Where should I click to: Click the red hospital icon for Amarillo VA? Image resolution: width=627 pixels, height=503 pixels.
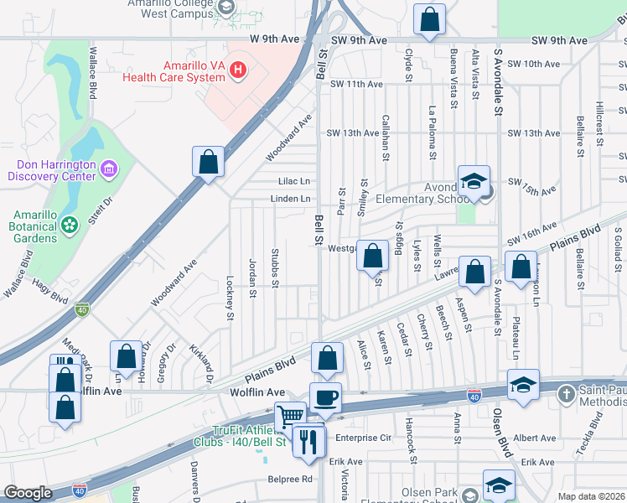pyautogui.click(x=239, y=69)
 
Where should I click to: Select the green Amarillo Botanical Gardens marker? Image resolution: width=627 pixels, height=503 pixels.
pyautogui.click(x=69, y=225)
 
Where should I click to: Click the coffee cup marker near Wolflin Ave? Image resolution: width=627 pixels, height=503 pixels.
pyautogui.click(x=325, y=397)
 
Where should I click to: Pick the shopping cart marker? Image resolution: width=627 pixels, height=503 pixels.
pyautogui.click(x=290, y=416)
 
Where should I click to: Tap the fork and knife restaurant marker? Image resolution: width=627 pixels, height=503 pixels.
pyautogui.click(x=308, y=440)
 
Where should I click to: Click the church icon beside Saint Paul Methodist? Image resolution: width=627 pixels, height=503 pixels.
pyautogui.click(x=567, y=393)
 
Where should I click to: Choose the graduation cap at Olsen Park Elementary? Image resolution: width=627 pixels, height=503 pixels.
pyautogui.click(x=499, y=486)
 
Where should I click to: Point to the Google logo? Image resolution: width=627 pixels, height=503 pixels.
pyautogui.click(x=27, y=493)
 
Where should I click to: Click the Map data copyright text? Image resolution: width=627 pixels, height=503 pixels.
pyautogui.click(x=592, y=496)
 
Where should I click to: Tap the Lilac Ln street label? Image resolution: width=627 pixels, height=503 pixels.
pyautogui.click(x=294, y=181)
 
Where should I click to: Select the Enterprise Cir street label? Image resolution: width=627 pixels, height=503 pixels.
pyautogui.click(x=363, y=438)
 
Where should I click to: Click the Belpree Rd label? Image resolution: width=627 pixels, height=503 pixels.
pyautogui.click(x=290, y=480)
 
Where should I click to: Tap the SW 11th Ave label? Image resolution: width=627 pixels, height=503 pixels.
pyautogui.click(x=356, y=84)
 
